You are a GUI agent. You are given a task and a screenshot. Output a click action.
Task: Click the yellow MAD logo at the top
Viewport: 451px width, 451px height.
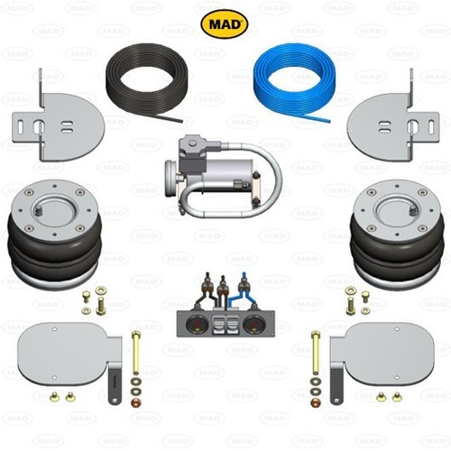point(224,23)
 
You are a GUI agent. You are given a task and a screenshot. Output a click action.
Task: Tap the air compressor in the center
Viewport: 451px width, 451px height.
point(223,177)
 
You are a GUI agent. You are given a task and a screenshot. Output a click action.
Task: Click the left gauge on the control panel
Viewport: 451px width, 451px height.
point(194,324)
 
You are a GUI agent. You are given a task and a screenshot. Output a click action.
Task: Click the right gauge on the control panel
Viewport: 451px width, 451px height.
point(252,324)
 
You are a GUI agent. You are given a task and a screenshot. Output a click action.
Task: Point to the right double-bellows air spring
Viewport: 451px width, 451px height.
point(397,234)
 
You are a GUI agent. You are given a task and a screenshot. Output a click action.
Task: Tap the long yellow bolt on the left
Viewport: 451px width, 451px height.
point(136,353)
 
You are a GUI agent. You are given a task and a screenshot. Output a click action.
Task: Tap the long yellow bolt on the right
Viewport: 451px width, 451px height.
point(316,353)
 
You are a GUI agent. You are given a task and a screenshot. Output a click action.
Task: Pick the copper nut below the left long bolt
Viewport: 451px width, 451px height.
point(136,402)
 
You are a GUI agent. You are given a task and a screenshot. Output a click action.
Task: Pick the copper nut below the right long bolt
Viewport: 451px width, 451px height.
point(316,402)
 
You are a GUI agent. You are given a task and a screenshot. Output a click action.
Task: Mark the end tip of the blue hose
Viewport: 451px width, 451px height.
point(329,122)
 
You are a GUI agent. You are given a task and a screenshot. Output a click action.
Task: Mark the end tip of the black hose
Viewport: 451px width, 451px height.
point(181,121)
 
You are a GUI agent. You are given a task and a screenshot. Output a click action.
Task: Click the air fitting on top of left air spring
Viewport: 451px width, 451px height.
point(39,211)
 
